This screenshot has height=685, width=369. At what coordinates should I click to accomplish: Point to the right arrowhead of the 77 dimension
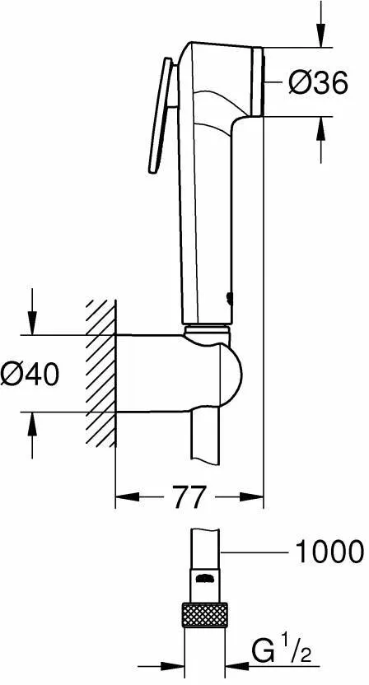(255, 496)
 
